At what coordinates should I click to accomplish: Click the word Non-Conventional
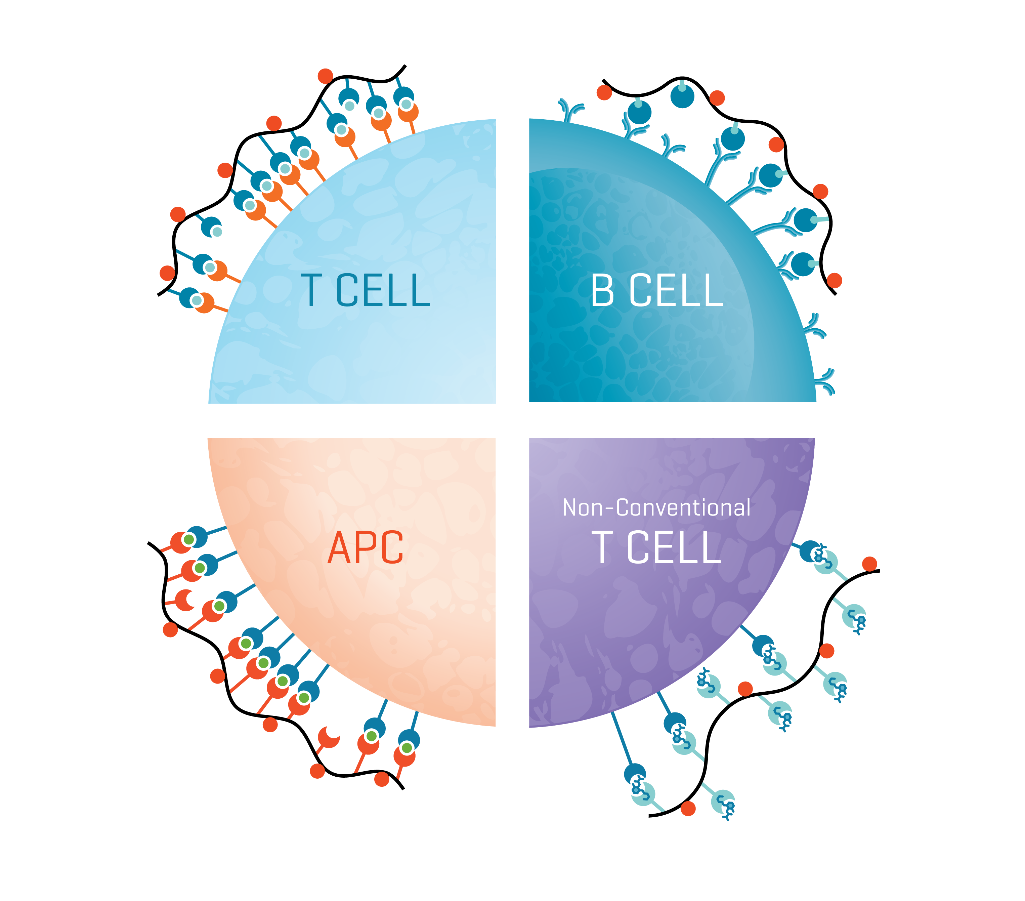[x=656, y=508]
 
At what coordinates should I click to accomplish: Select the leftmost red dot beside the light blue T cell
[x=167, y=274]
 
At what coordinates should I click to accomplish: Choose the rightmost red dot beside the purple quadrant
[x=869, y=564]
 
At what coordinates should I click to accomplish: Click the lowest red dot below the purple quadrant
[x=688, y=809]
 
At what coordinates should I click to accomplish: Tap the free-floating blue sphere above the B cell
[x=683, y=96]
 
